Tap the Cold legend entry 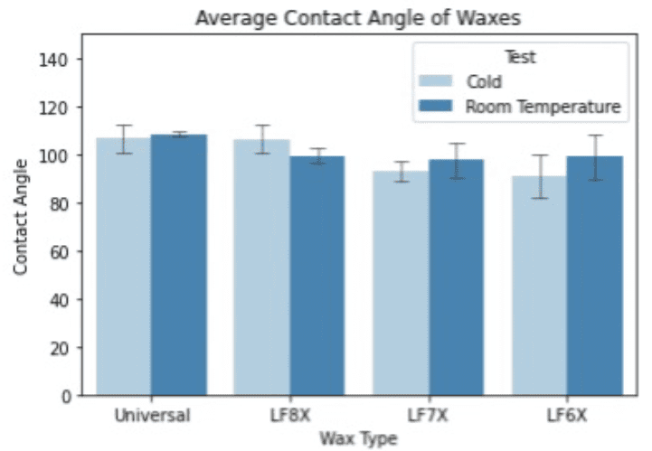pos(483,82)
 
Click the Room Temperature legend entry pos(543,107)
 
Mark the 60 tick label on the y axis pos(61,251)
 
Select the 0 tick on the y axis pos(66,396)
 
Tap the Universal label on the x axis pos(151,417)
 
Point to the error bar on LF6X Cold pos(539,176)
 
